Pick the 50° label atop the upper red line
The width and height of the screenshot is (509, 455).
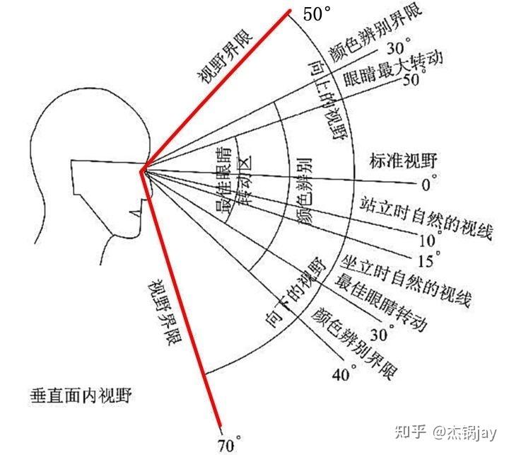317,13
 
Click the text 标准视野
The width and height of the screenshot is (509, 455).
398,161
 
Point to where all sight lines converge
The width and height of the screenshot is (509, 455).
144,168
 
